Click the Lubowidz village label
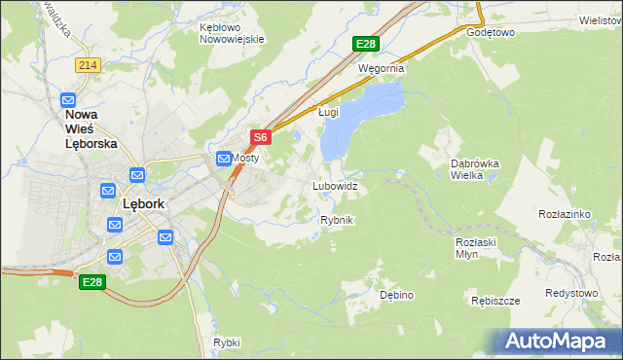tap(335, 185)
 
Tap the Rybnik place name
tap(337, 220)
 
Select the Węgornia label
tap(381, 69)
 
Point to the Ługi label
tap(329, 112)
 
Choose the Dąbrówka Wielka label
tap(474, 170)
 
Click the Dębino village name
tap(397, 294)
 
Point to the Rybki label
tap(226, 342)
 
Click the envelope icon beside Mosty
tap(224, 158)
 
